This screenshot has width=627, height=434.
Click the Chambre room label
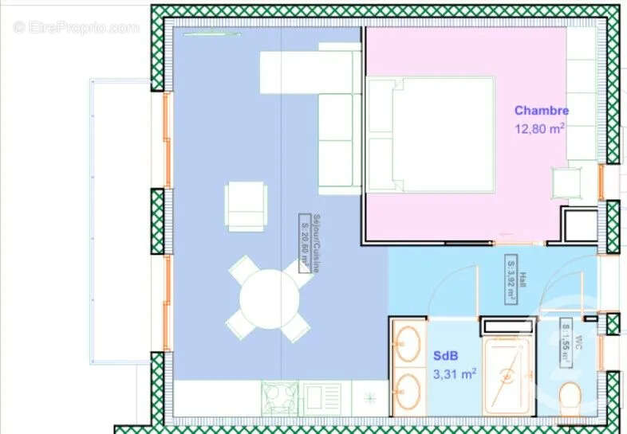(x=541, y=111)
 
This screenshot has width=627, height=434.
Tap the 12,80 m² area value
(x=541, y=128)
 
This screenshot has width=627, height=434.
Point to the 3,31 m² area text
(x=455, y=373)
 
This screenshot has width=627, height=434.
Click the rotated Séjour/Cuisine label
(x=303, y=243)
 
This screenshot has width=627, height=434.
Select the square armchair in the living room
(x=246, y=205)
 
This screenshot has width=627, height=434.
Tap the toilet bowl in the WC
(x=570, y=396)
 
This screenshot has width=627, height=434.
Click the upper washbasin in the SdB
(x=409, y=345)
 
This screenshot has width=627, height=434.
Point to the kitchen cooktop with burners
(x=282, y=394)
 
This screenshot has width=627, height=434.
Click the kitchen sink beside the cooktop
(x=322, y=394)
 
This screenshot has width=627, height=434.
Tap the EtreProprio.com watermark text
(x=77, y=27)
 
